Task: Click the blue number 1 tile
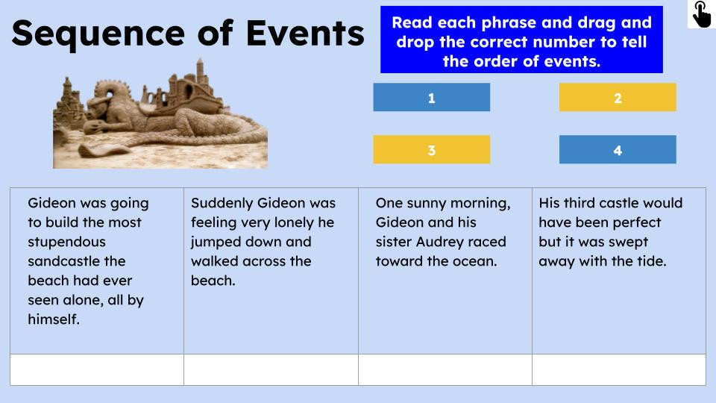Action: (x=431, y=98)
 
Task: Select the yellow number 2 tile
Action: (x=618, y=98)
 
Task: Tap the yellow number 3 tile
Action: (x=431, y=150)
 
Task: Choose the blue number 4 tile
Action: (x=618, y=150)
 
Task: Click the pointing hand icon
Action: (x=701, y=14)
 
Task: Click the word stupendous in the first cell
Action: (x=66, y=242)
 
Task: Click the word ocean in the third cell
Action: (x=474, y=261)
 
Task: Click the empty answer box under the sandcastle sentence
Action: (x=97, y=369)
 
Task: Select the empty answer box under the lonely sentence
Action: (x=271, y=369)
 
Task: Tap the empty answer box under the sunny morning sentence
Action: (x=445, y=369)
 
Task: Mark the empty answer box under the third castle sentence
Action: (x=619, y=369)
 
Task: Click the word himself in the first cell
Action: (x=52, y=319)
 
